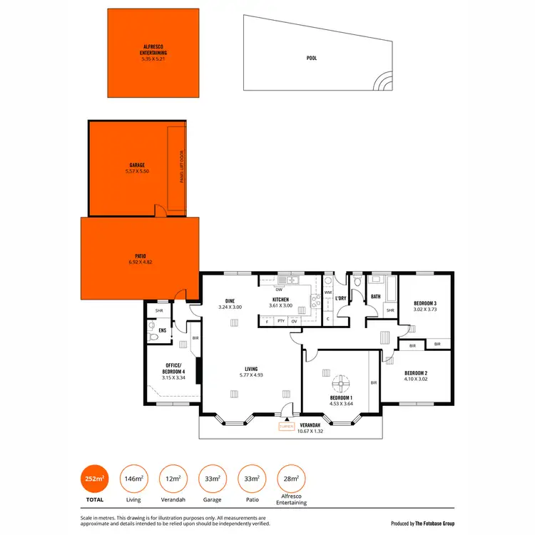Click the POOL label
312,58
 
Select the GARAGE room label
137,165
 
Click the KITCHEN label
279,300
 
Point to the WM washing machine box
328,292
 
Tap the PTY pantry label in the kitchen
280,322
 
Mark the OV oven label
294,322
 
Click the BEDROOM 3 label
425,304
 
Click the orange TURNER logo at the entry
285,427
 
